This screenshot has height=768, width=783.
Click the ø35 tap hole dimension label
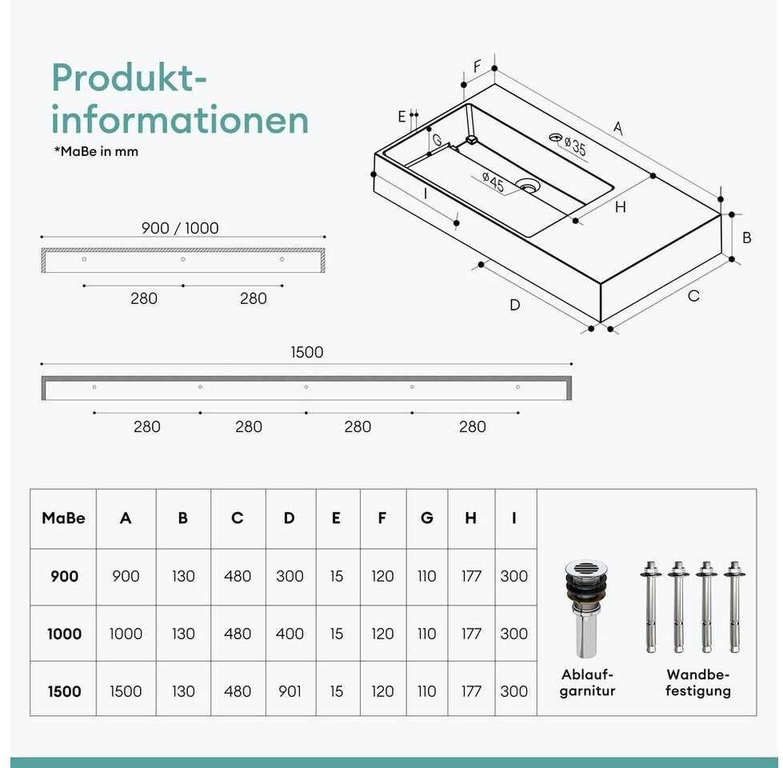coord(575,146)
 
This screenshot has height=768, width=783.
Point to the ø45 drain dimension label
coord(493,182)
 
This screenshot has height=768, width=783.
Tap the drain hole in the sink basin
coord(528,186)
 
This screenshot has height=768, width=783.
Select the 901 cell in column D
coord(290,691)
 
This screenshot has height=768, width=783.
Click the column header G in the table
coord(427,518)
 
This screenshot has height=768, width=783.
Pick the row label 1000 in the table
coord(64,634)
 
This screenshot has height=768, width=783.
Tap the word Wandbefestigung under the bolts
coord(698,682)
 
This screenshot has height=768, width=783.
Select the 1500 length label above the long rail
coord(306,352)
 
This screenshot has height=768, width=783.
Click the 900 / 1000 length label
coord(180,228)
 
